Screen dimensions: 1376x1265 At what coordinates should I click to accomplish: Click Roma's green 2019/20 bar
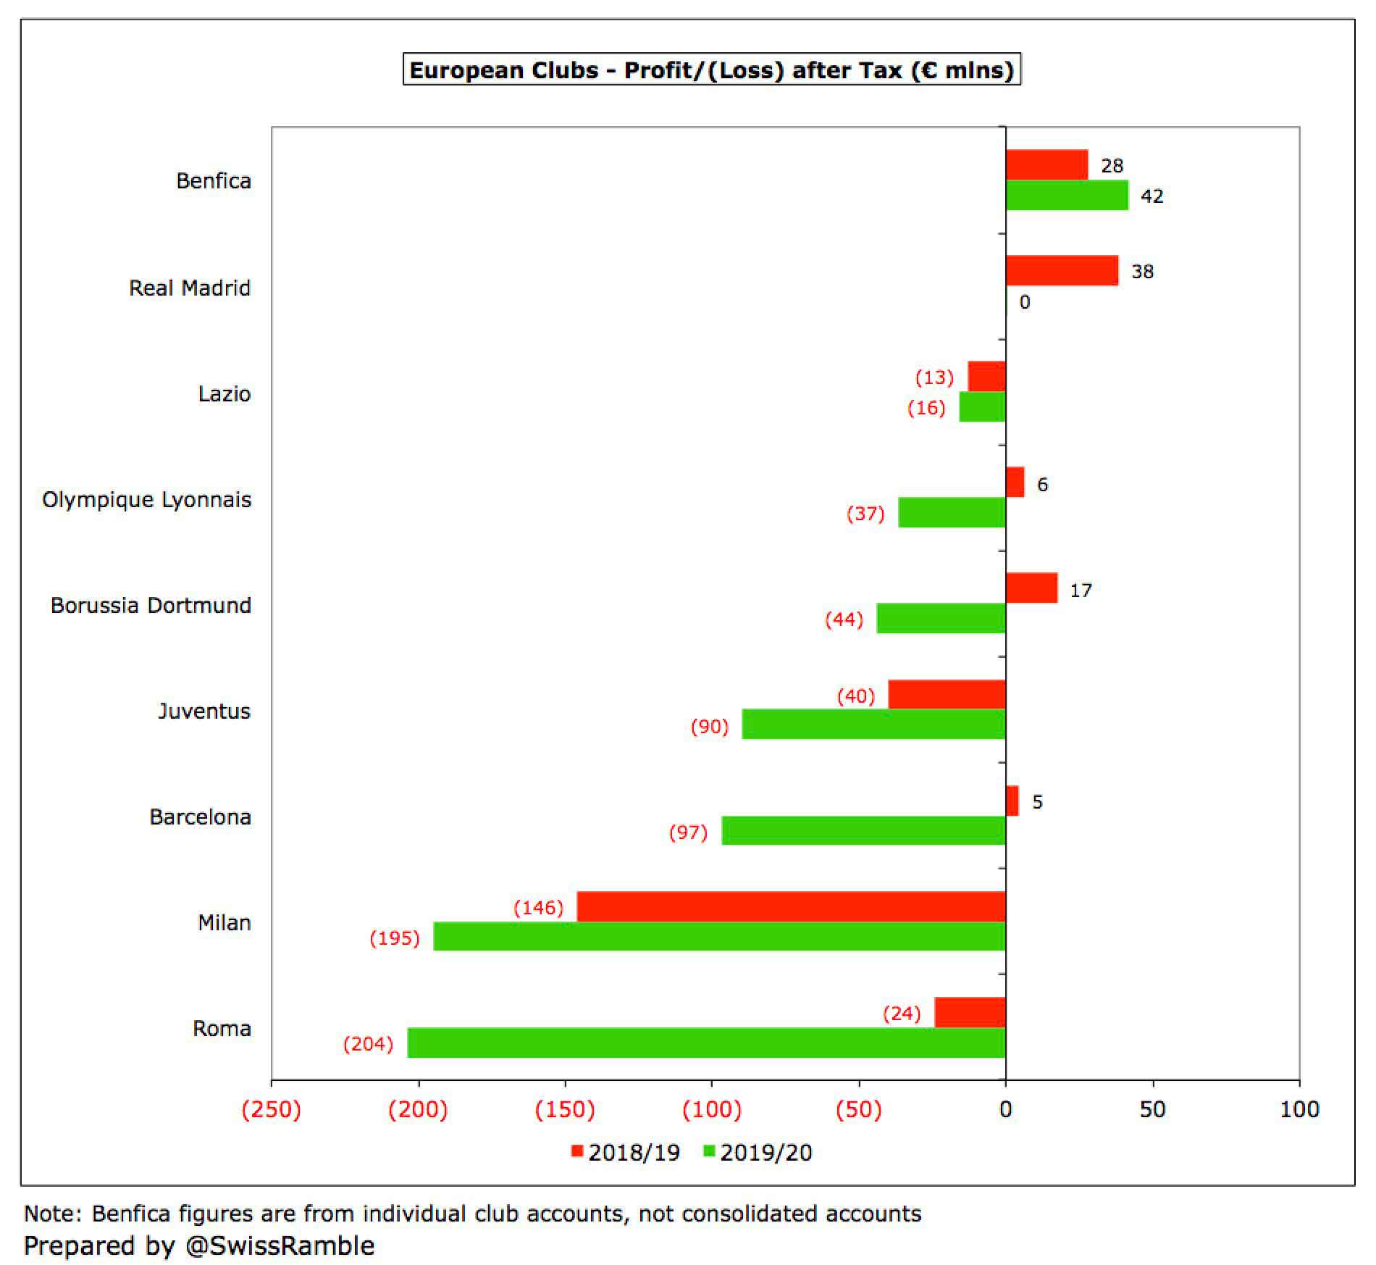click(706, 1043)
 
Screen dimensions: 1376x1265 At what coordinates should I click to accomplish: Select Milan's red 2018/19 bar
click(791, 906)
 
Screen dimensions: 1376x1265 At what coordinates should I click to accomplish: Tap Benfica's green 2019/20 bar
click(1067, 195)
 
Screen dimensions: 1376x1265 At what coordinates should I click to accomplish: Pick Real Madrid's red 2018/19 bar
click(1062, 270)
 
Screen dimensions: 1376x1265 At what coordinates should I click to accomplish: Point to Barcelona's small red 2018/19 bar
click(1012, 801)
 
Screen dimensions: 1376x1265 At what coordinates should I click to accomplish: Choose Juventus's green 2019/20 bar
click(873, 724)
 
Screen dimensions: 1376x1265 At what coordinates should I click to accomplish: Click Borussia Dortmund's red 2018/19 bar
click(1031, 588)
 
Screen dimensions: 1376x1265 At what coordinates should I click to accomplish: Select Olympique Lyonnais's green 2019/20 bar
click(952, 512)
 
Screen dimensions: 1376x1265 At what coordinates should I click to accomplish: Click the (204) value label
click(368, 1044)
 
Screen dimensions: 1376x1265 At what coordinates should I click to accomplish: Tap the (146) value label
click(538, 908)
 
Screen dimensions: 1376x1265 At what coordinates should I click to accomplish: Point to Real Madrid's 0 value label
click(1024, 302)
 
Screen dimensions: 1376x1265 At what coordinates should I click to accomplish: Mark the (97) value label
click(688, 832)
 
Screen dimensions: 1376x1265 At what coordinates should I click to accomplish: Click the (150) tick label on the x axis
click(565, 1109)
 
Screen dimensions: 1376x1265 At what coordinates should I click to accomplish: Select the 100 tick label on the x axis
click(1299, 1109)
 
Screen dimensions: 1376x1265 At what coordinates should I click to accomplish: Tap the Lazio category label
click(225, 394)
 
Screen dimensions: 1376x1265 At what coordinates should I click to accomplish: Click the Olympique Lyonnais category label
click(147, 501)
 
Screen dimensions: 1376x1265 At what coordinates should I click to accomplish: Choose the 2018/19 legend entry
click(626, 1153)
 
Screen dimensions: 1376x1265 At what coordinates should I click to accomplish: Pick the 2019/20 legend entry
click(758, 1153)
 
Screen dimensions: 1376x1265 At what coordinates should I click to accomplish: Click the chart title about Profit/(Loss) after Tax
click(711, 70)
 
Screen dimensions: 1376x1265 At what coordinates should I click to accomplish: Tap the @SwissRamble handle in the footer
click(280, 1246)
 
